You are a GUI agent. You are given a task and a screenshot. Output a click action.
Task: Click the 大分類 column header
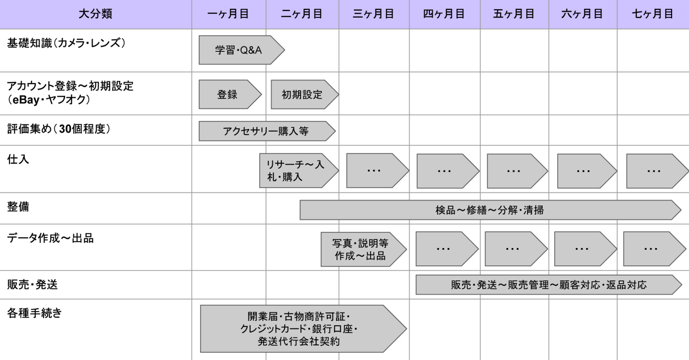(x=95, y=14)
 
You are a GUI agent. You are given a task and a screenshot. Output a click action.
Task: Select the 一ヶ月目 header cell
(x=229, y=14)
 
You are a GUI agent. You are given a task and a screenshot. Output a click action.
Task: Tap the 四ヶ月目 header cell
(x=444, y=14)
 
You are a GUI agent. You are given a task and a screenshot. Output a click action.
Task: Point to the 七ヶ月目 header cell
(x=653, y=14)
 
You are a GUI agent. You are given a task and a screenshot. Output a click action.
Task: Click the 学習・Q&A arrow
(x=242, y=50)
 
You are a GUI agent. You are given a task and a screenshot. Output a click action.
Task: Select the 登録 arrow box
(x=230, y=94)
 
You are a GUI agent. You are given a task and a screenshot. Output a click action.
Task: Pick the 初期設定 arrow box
(x=305, y=94)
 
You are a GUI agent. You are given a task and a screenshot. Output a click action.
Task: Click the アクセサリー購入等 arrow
(x=267, y=131)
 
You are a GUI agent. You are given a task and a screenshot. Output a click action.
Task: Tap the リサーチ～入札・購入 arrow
(x=299, y=171)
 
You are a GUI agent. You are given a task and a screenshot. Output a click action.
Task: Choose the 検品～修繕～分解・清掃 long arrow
(x=490, y=210)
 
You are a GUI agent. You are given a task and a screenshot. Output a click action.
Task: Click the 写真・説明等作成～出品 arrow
(x=364, y=249)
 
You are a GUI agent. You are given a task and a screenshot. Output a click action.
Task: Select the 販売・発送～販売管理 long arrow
(x=549, y=285)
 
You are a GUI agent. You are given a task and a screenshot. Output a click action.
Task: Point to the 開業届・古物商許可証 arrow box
(x=303, y=329)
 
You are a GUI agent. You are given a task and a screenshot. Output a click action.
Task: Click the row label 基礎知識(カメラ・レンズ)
(x=67, y=43)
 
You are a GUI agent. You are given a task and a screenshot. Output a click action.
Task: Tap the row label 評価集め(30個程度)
(x=59, y=129)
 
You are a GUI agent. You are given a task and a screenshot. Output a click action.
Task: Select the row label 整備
(x=18, y=207)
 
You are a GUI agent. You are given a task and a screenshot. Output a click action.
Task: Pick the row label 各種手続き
(x=34, y=313)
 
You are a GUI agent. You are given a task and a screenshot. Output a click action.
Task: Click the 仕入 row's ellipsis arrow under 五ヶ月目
(x=517, y=171)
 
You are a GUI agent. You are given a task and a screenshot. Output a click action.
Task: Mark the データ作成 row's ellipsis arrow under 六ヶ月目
(x=585, y=249)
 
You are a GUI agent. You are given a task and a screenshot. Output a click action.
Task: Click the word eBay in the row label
(x=26, y=99)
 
